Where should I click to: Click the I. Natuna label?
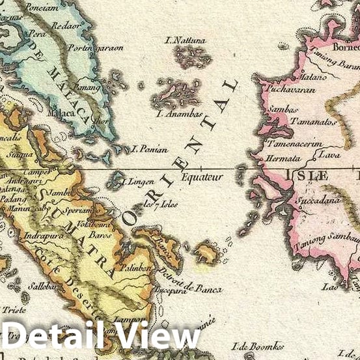(x=186, y=40)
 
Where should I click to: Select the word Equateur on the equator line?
(x=202, y=176)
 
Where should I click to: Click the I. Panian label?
(x=150, y=149)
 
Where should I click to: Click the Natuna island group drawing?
(x=192, y=57)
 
